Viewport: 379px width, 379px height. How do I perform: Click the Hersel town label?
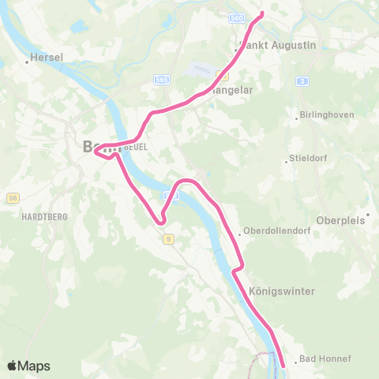tap(46, 58)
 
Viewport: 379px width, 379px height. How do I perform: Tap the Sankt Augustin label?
tap(277, 46)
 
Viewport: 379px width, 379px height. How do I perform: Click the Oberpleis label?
tap(342, 220)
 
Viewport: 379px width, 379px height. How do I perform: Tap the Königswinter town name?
tap(281, 291)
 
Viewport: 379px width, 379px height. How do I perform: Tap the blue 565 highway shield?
tap(162, 80)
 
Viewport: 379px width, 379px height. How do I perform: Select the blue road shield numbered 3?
tap(302, 81)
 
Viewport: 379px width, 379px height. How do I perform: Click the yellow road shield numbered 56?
tap(12, 198)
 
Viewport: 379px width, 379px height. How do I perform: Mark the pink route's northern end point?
tap(262, 14)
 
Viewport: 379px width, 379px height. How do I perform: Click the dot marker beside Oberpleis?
tap(367, 222)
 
